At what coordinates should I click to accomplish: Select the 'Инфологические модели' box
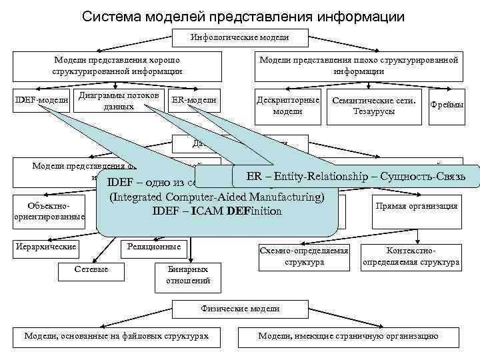tap(240, 37)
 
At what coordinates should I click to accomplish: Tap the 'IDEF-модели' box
tap(42, 100)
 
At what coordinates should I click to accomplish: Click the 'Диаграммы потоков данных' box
tap(119, 100)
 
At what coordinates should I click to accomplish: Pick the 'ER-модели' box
tap(193, 100)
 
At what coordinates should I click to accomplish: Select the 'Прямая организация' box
tap(417, 206)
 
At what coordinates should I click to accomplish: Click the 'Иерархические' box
tap(45, 247)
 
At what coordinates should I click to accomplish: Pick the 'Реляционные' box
tap(155, 247)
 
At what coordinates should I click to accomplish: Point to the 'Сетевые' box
tap(93, 268)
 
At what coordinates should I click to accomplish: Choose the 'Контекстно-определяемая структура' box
tap(410, 257)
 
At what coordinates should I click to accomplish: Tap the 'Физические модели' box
tap(240, 309)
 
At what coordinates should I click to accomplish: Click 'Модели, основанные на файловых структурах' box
tap(116, 335)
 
